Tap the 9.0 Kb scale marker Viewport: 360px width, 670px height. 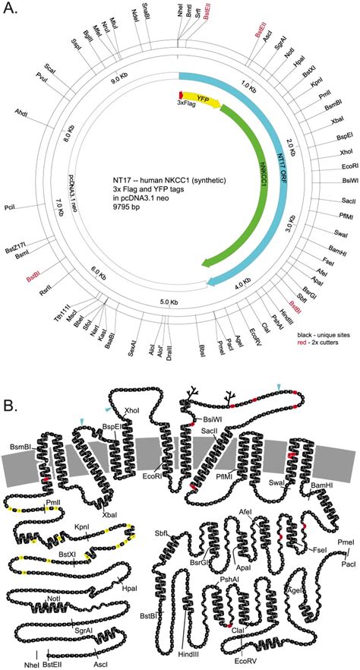coord(120,78)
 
